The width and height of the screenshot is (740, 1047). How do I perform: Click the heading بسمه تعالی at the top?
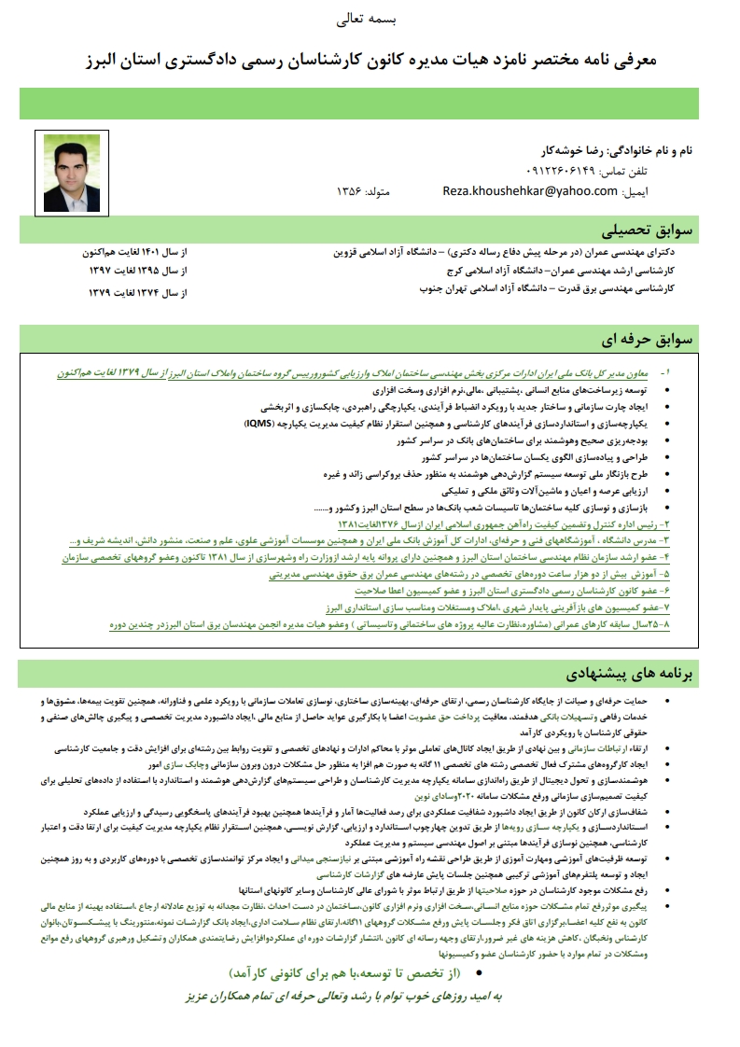370,19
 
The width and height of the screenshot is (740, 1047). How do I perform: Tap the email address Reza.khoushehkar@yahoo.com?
530,190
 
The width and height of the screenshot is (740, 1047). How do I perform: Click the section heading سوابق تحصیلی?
649,230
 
